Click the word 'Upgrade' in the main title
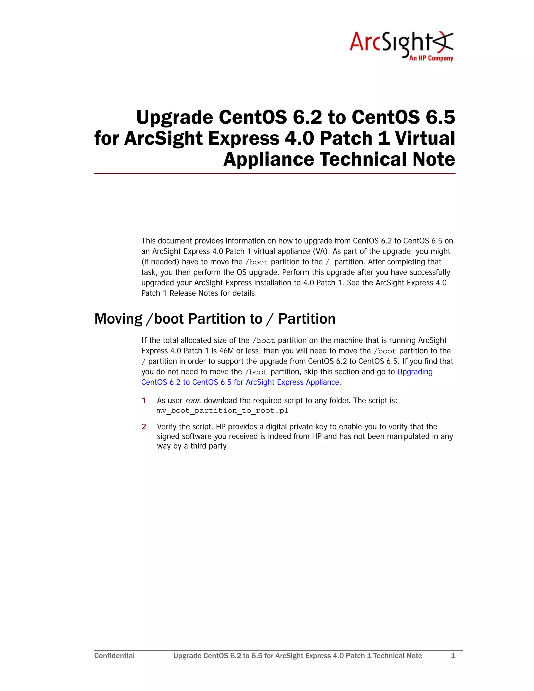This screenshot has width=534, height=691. point(175,117)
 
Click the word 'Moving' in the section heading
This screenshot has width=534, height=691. point(118,319)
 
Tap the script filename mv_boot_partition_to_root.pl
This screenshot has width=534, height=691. point(222,411)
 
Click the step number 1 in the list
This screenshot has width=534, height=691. point(144,401)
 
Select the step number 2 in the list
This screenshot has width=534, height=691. point(144,427)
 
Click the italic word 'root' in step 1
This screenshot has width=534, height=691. point(192,401)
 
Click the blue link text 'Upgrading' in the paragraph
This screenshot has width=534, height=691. point(415,372)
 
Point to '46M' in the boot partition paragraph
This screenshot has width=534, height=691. point(227,351)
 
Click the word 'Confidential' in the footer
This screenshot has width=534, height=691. point(114,656)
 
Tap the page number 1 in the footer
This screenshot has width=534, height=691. point(453,656)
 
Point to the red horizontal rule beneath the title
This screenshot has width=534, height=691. point(275,174)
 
